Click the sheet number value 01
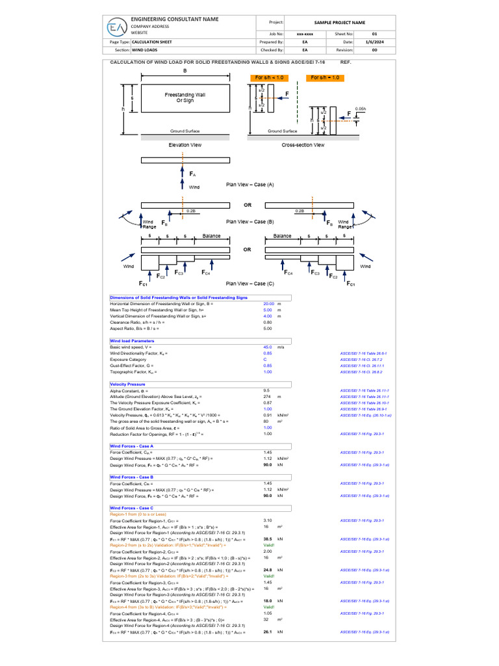click(x=374, y=32)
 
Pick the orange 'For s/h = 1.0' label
click(x=326, y=77)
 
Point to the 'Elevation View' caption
click(x=184, y=144)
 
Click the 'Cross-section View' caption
click(x=303, y=144)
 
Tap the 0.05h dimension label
click(x=361, y=109)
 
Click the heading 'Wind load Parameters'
click(x=132, y=340)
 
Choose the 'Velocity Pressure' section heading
click(x=127, y=384)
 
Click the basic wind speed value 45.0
click(x=267, y=347)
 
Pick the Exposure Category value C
click(x=264, y=359)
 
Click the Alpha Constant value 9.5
click(x=266, y=391)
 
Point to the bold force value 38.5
click(x=267, y=539)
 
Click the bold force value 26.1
click(x=267, y=632)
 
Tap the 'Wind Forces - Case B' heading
click(x=132, y=477)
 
